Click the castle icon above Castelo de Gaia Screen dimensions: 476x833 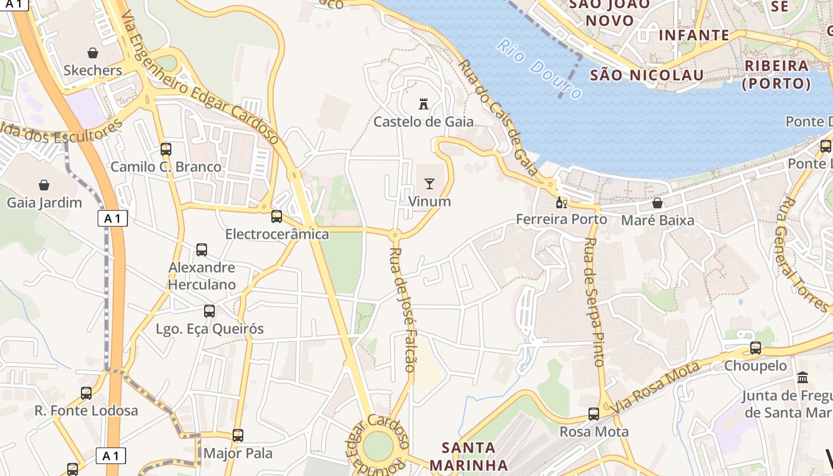(424, 104)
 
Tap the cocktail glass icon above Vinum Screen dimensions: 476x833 (430, 184)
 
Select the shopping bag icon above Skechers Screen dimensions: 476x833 (93, 53)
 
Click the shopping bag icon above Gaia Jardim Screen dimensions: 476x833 (44, 185)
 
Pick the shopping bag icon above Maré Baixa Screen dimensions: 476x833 (657, 203)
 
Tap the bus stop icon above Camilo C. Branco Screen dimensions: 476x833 (166, 149)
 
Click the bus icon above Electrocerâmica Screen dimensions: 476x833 (277, 217)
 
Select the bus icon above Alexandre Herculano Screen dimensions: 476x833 (202, 250)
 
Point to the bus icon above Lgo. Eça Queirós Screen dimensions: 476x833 (209, 311)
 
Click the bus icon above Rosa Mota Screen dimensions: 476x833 (594, 414)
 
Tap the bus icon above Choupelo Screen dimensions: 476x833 (756, 348)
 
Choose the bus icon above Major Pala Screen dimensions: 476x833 (238, 436)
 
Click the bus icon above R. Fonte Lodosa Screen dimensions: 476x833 (86, 393)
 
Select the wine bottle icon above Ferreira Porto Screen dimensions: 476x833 (560, 202)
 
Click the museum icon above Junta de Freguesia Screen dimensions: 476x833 (803, 378)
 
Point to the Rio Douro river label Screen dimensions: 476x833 (539, 69)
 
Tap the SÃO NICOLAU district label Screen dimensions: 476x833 (647, 76)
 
